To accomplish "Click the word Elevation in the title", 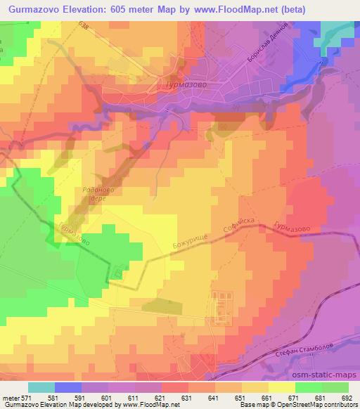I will click(96, 10).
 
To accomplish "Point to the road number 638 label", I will click(85, 27).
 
